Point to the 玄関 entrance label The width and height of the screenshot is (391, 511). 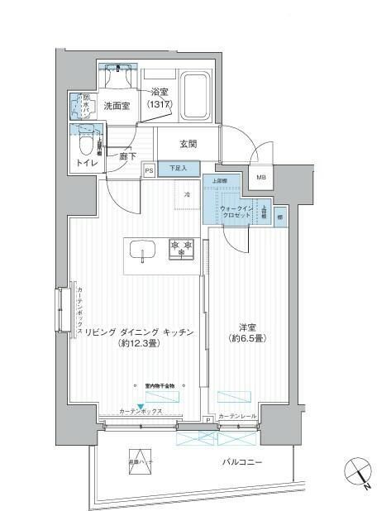pos(188,143)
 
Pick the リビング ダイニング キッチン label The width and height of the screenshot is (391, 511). pos(136,337)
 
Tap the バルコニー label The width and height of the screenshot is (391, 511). pos(242,461)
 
